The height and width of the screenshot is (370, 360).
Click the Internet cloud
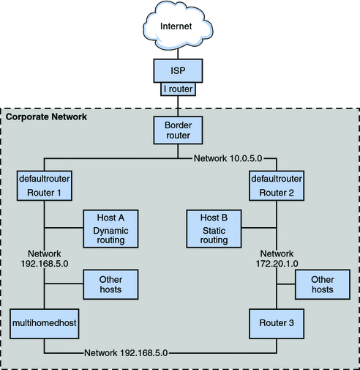tap(179, 27)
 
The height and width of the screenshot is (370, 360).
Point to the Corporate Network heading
tap(46, 116)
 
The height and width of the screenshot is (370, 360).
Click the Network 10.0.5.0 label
tap(229, 158)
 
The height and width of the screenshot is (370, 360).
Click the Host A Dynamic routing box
tap(111, 228)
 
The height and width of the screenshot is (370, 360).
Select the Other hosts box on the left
tap(111, 284)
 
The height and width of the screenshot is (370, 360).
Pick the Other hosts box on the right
tap(323, 284)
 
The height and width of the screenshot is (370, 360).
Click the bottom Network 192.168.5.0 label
tap(127, 352)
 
